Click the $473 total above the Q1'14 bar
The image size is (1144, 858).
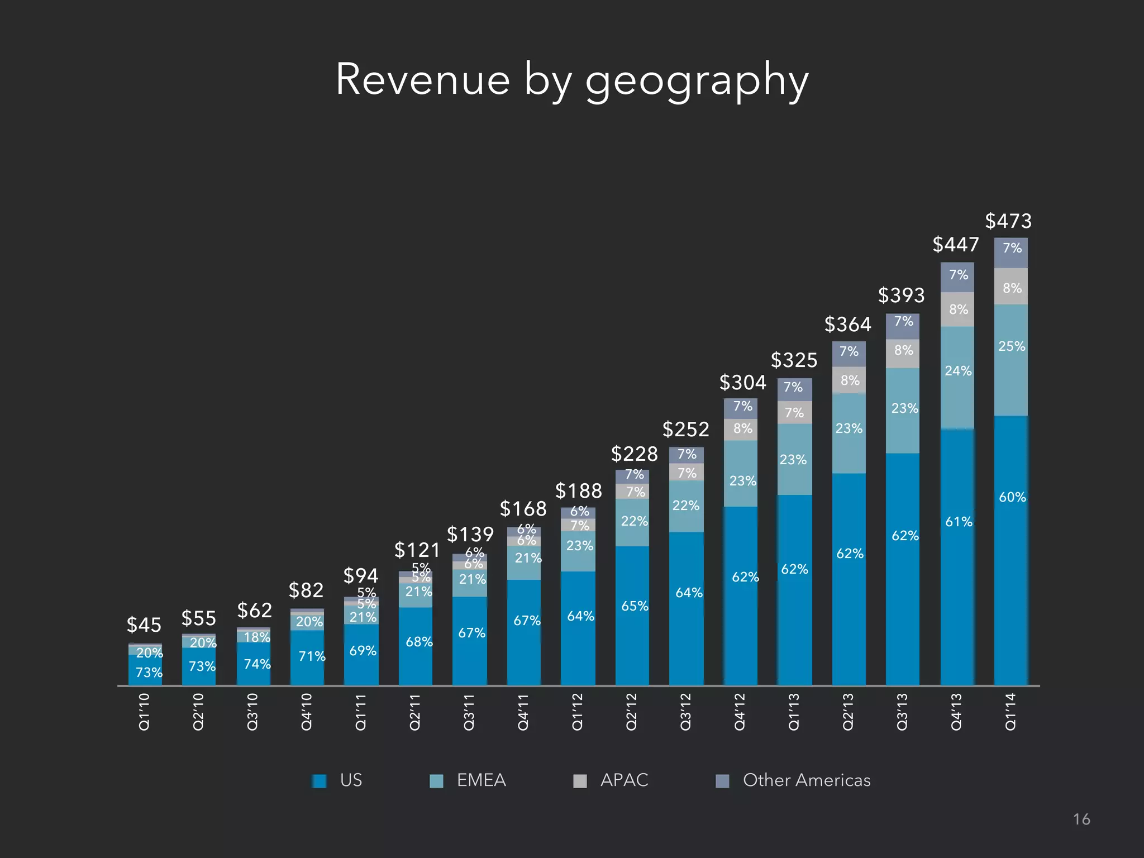pyautogui.click(x=1008, y=221)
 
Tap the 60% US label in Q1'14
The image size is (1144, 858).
pyautogui.click(x=1012, y=497)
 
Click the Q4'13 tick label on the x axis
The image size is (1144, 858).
pyautogui.click(x=956, y=712)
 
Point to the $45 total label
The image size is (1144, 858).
pyautogui.click(x=144, y=625)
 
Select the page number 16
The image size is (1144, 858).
pyautogui.click(x=1081, y=819)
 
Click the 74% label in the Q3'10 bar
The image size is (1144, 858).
pyautogui.click(x=257, y=664)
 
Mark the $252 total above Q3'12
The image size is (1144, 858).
pyautogui.click(x=685, y=430)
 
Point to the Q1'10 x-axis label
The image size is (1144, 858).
pyautogui.click(x=144, y=712)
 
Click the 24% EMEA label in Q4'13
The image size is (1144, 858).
pyautogui.click(x=958, y=371)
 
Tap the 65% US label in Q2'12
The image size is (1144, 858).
pyautogui.click(x=635, y=606)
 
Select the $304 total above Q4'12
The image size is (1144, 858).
pyautogui.click(x=742, y=383)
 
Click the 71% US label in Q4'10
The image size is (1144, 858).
pyautogui.click(x=312, y=656)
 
